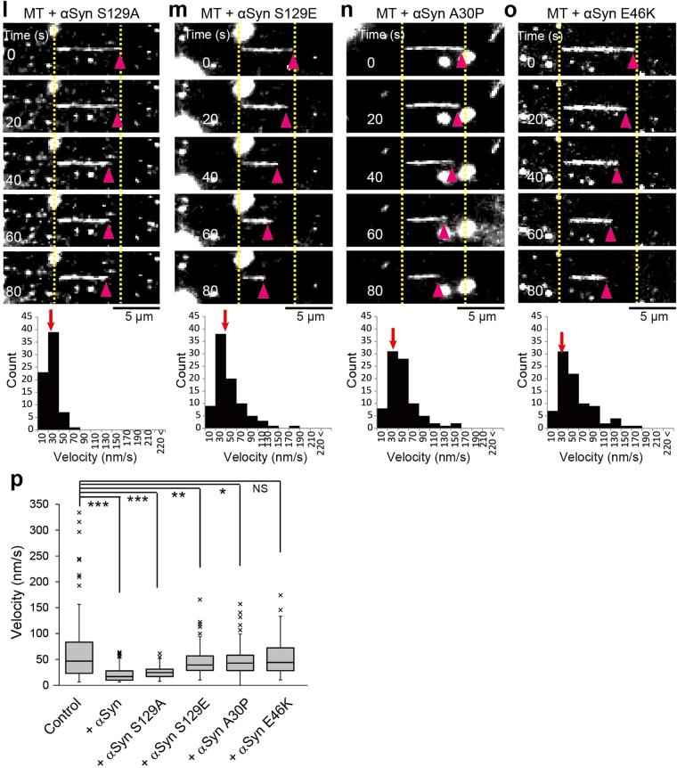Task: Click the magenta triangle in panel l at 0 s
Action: [119, 61]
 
